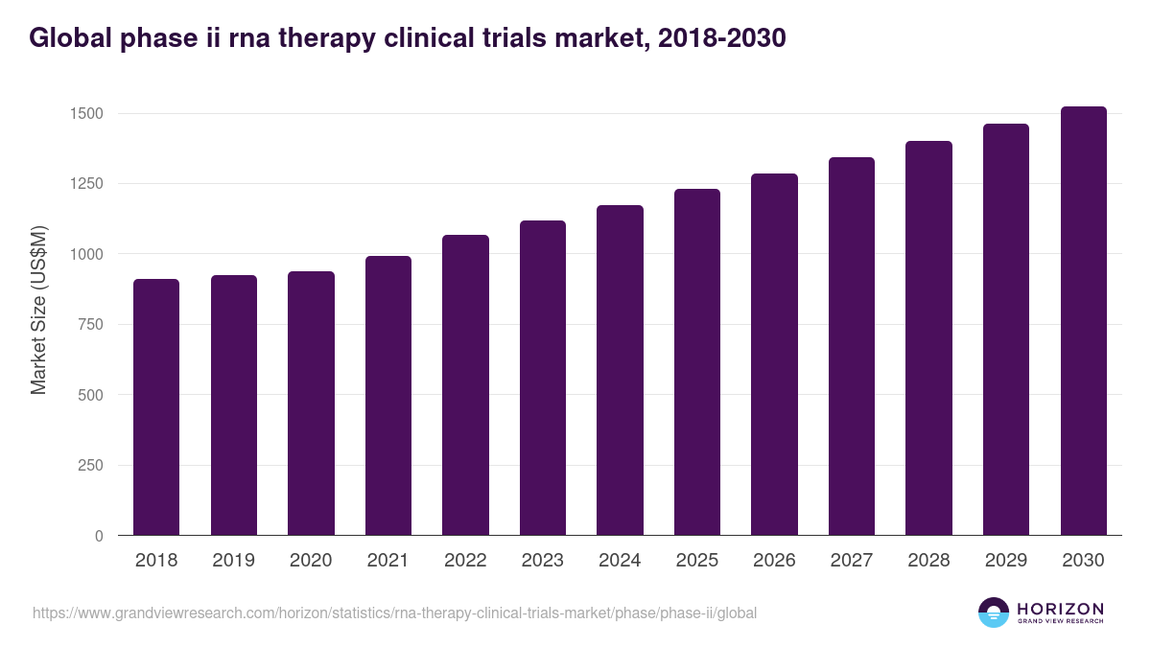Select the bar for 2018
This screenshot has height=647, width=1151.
156,407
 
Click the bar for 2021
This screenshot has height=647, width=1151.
388,396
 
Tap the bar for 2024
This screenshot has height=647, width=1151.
620,370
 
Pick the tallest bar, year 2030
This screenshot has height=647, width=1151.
1083,321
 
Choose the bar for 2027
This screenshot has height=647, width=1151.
851,346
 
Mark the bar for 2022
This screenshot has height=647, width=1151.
465,385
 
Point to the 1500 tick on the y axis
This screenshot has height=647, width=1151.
84,114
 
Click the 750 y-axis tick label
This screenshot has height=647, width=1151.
89,325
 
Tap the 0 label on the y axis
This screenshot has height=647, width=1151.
97,537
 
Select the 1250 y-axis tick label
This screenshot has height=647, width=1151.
84,184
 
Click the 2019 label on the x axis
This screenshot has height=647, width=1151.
233,561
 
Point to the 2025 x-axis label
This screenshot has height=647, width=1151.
696,561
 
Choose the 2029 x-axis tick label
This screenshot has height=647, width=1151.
1005,561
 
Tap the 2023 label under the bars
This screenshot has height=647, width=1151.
542,561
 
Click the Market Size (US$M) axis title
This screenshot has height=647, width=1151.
38,310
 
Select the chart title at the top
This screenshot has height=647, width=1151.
408,37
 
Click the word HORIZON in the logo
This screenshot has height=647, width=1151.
1060,609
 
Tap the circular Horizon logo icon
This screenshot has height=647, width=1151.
993,612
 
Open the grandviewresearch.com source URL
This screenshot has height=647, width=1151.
394,612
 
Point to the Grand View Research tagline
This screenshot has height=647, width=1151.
1060,621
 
